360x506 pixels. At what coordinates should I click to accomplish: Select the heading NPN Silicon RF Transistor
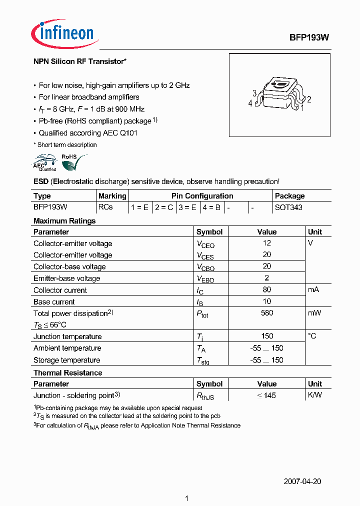79,61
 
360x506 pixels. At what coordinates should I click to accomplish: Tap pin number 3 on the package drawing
254,93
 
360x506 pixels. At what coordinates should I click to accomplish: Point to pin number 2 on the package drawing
309,99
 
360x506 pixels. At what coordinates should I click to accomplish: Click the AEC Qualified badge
44,163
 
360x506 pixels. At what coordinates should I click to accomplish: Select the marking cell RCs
105,207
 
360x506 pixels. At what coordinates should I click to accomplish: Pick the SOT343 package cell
288,207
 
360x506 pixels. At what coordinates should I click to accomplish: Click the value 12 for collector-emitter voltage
266,243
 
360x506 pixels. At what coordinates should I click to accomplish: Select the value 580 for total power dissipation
266,313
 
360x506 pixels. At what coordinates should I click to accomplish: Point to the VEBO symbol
205,279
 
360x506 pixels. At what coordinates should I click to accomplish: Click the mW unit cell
314,313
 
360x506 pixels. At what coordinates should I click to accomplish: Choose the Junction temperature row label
67,336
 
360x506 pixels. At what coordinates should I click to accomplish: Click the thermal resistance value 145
266,395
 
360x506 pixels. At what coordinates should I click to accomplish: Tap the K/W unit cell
315,395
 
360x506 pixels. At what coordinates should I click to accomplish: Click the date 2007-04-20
302,481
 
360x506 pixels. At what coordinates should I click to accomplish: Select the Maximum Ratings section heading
64,220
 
